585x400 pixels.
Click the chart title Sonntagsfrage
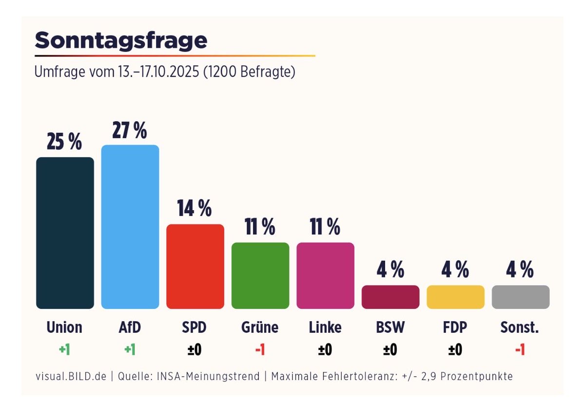click(x=121, y=40)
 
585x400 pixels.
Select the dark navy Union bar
click(x=65, y=233)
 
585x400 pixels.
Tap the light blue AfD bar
click(x=130, y=227)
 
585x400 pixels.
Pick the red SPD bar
click(x=195, y=266)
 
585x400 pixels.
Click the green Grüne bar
click(x=260, y=275)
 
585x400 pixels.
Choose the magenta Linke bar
click(x=325, y=275)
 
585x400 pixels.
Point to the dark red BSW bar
click(x=390, y=297)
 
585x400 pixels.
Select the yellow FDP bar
click(x=455, y=297)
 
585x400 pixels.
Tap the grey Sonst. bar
click(x=520, y=297)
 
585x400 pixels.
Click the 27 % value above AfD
click(x=130, y=130)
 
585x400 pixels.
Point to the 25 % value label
click(x=64, y=143)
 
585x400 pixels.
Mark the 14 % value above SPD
click(x=195, y=209)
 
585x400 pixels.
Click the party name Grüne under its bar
click(x=260, y=327)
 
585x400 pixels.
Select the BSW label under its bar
click(x=390, y=327)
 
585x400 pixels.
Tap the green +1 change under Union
click(x=64, y=349)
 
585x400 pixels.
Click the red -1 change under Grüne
click(x=260, y=349)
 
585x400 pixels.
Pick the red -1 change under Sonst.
click(x=520, y=349)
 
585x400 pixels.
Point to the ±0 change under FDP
click(x=455, y=349)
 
